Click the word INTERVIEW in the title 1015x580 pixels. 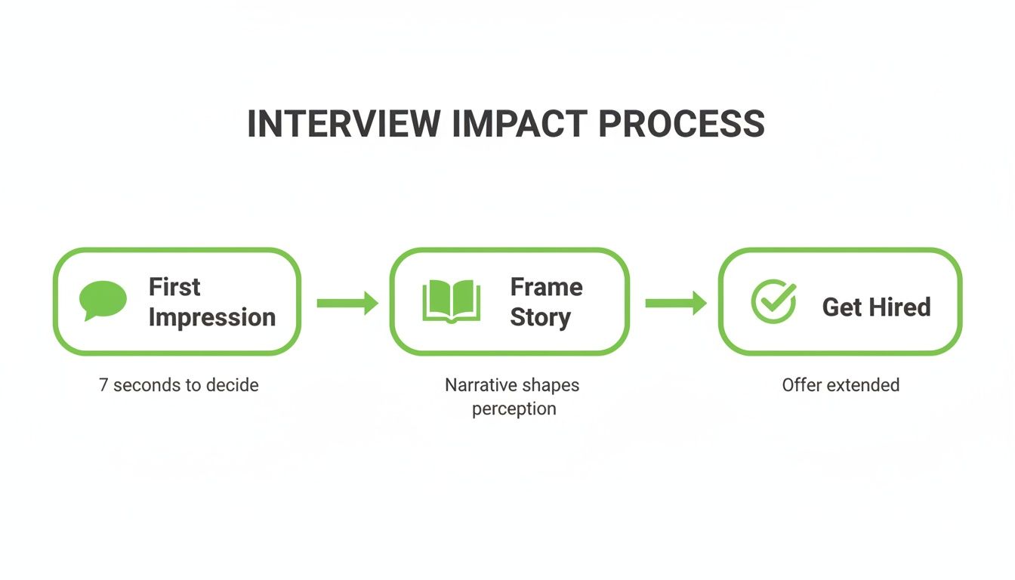point(343,124)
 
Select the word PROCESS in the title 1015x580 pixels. point(681,124)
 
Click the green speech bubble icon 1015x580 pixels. point(102,300)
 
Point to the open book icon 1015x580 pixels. point(451,301)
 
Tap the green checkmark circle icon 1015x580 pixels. point(773,301)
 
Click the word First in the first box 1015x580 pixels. point(174,287)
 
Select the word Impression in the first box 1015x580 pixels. point(211,317)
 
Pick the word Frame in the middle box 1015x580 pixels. point(546,287)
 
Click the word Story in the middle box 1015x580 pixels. point(539,317)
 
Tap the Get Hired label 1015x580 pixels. point(876,307)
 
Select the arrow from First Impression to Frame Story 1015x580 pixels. point(347,303)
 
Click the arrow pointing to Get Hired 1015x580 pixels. point(675,303)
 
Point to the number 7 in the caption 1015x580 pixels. point(103,385)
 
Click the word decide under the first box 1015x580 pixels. point(233,385)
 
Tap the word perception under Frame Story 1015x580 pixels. point(514,409)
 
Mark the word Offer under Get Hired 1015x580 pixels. point(799,385)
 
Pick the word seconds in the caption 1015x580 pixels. point(148,385)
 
